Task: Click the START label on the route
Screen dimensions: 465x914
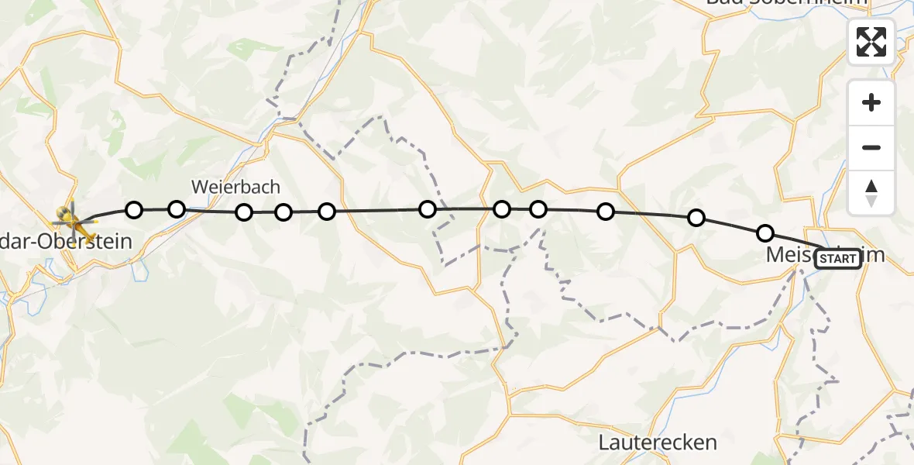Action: pyautogui.click(x=837, y=259)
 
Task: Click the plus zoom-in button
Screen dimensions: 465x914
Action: pyautogui.click(x=871, y=102)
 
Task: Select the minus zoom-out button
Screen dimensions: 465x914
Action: pyautogui.click(x=871, y=147)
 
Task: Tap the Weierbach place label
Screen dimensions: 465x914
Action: pyautogui.click(x=235, y=187)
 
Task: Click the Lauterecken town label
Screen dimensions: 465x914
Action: pyautogui.click(x=658, y=443)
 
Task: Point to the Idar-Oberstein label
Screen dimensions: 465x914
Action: pyautogui.click(x=70, y=242)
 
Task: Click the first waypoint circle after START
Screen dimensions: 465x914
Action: pyautogui.click(x=765, y=232)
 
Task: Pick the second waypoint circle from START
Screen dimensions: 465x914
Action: pyautogui.click(x=696, y=218)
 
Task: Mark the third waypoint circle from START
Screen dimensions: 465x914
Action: pyautogui.click(x=606, y=212)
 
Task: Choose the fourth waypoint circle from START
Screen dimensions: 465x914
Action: pyautogui.click(x=538, y=208)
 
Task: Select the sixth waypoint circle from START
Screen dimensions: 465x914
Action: pyautogui.click(x=427, y=208)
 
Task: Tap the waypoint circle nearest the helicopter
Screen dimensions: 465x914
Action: pyautogui.click(x=134, y=209)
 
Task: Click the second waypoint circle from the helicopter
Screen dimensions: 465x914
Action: pyautogui.click(x=177, y=208)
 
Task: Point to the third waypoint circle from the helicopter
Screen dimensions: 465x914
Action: pyautogui.click(x=244, y=212)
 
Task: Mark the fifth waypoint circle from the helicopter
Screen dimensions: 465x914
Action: pyautogui.click(x=327, y=211)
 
